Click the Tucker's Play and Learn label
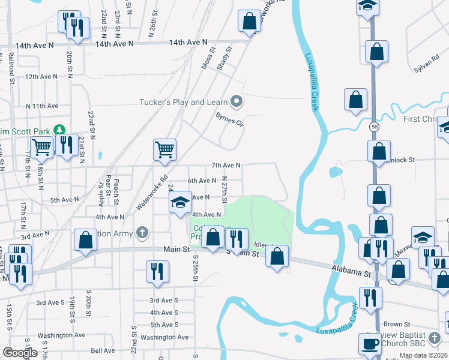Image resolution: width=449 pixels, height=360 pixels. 184,102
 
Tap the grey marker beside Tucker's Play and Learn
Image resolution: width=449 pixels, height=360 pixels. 237,101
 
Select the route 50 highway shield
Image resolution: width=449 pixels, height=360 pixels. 375,127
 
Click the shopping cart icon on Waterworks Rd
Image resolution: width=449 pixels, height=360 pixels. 164,149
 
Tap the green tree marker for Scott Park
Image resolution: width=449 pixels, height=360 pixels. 59,130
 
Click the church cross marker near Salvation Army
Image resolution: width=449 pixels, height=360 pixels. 142,232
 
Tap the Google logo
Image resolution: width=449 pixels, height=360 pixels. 20,353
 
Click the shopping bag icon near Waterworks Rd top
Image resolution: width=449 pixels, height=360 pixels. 249,22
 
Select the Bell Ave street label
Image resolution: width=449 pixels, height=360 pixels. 103,350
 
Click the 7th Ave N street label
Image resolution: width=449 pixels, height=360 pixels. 226,165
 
